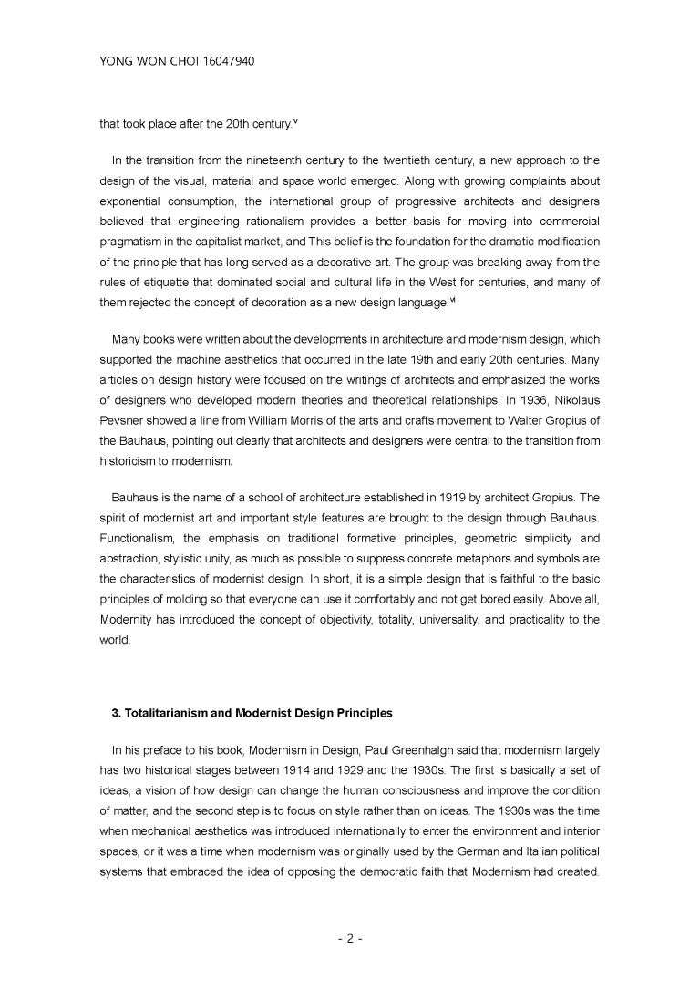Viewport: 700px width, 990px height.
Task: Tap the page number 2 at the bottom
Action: (350, 938)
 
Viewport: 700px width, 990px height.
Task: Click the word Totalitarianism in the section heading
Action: (163, 712)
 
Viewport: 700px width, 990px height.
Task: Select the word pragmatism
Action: (136, 242)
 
